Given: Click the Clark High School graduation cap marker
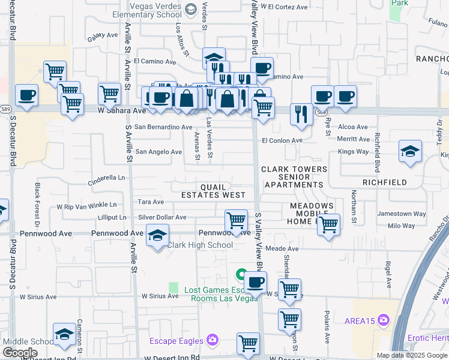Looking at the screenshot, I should (x=157, y=236).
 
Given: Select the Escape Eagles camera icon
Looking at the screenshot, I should (x=212, y=341).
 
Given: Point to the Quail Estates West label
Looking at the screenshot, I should (x=213, y=191).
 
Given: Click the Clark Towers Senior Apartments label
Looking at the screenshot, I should (x=294, y=177).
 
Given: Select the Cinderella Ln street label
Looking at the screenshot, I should (x=106, y=178).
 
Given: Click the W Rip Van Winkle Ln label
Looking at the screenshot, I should (x=86, y=206).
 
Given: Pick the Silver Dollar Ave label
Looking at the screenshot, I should (x=162, y=217).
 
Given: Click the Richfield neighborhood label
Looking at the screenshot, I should (x=384, y=182).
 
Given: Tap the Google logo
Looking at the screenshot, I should (x=20, y=353).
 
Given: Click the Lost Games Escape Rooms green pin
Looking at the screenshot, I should (x=241, y=275).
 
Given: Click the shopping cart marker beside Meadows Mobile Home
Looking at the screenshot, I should (x=328, y=225).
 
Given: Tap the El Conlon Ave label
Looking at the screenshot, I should (x=282, y=140).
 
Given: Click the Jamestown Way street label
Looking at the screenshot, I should (x=402, y=214).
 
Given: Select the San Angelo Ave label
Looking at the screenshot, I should (x=158, y=152).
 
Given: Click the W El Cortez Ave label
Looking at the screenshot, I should (x=288, y=7).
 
